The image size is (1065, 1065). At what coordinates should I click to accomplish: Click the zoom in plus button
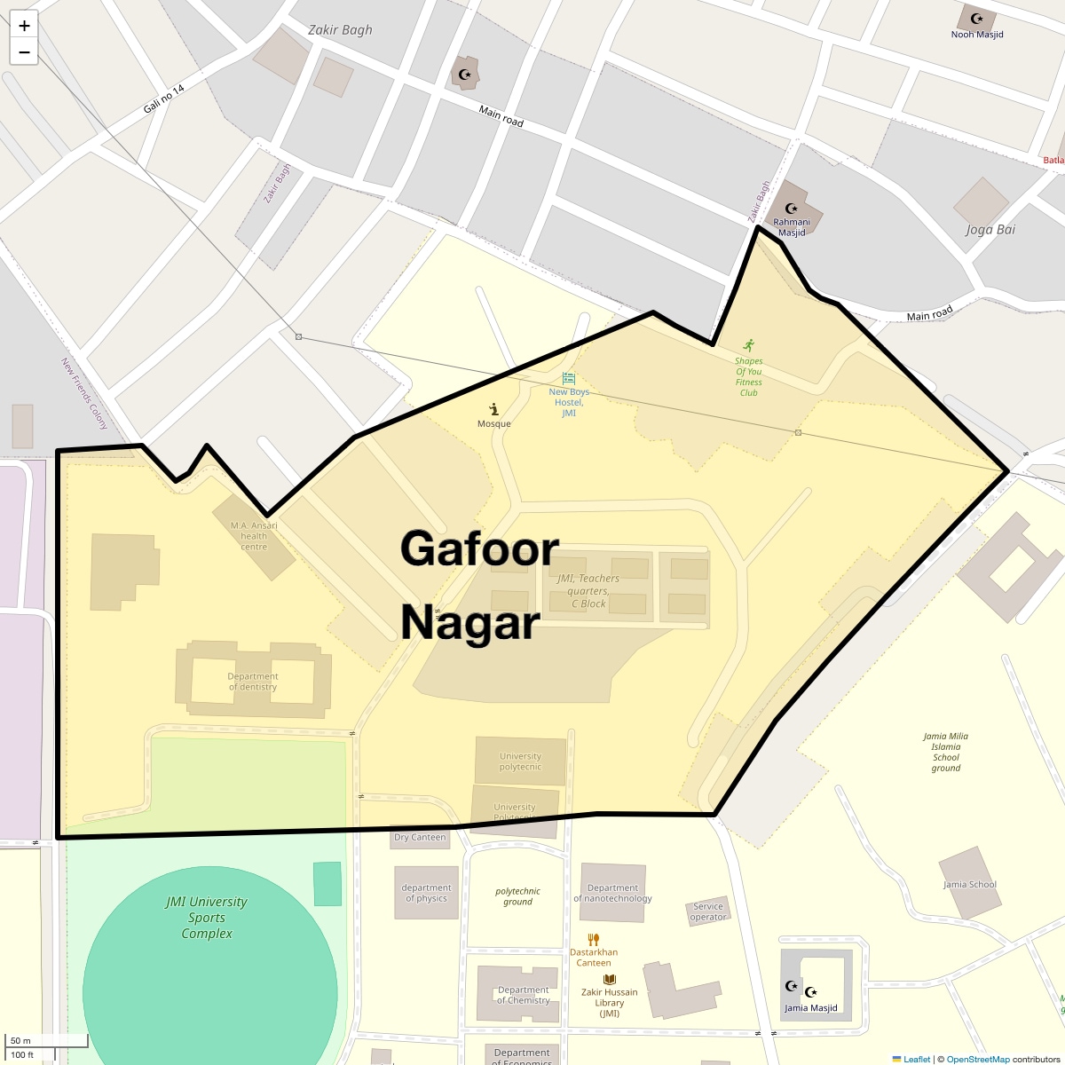pyautogui.click(x=24, y=26)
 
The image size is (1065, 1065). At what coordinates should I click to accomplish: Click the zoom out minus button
pyautogui.click(x=24, y=51)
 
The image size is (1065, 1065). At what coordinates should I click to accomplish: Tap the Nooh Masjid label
pyautogui.click(x=976, y=35)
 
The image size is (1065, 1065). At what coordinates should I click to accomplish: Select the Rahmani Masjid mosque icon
pyautogui.click(x=791, y=209)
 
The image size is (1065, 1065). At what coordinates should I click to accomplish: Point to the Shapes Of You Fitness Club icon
pyautogui.click(x=749, y=344)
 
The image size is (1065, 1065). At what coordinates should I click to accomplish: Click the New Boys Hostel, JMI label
pyautogui.click(x=569, y=402)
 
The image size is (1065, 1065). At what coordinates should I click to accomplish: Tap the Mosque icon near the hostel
pyautogui.click(x=493, y=408)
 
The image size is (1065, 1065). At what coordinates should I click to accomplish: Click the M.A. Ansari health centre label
pyautogui.click(x=254, y=536)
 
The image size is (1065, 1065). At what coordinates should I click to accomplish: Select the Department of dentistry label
pyautogui.click(x=253, y=682)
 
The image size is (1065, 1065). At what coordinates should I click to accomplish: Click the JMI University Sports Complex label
pyautogui.click(x=207, y=918)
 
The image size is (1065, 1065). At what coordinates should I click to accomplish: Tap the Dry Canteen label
pyautogui.click(x=420, y=837)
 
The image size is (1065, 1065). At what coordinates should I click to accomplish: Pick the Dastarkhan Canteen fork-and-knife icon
pyautogui.click(x=594, y=939)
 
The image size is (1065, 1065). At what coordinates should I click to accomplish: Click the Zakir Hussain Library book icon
pyautogui.click(x=610, y=980)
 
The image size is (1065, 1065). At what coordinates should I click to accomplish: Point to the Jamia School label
pyautogui.click(x=970, y=885)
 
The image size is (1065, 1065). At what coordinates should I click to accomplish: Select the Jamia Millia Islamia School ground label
pyautogui.click(x=945, y=752)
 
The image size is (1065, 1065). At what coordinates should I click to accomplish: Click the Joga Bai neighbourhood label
pyautogui.click(x=990, y=229)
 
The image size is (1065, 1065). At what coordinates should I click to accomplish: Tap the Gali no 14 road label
pyautogui.click(x=164, y=99)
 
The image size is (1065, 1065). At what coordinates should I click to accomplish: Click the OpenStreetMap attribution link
pyautogui.click(x=977, y=1059)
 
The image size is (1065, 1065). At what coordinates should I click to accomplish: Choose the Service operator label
pyautogui.click(x=708, y=911)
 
